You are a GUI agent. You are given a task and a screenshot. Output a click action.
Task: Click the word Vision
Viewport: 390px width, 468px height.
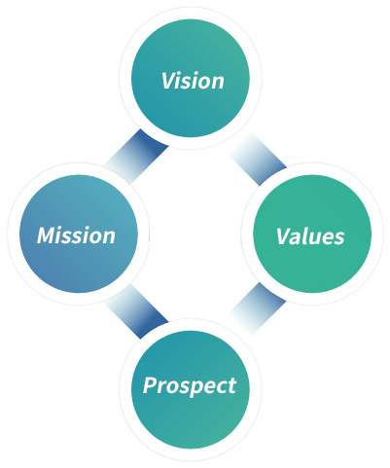click(193, 81)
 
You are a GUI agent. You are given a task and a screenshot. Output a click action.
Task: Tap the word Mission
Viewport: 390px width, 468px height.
click(76, 235)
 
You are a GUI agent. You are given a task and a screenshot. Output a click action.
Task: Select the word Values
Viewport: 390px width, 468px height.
click(310, 235)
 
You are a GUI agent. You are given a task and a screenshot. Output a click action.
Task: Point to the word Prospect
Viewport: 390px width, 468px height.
click(190, 386)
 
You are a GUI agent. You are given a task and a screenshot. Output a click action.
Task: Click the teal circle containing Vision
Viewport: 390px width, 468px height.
click(191, 78)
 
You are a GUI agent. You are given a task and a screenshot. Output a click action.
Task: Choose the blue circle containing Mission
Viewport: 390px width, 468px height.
click(79, 234)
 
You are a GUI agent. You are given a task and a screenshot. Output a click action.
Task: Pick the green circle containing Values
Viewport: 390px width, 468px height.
click(312, 234)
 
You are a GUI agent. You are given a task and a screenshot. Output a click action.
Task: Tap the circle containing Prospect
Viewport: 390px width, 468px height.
click(191, 389)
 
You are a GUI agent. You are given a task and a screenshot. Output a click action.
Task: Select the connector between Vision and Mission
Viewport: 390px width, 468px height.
click(136, 157)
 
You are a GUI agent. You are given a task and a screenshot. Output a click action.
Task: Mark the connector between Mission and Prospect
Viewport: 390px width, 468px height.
click(137, 311)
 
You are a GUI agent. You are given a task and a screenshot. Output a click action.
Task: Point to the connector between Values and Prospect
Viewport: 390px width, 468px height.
click(258, 308)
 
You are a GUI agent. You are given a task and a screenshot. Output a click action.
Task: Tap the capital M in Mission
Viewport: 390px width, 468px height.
click(47, 235)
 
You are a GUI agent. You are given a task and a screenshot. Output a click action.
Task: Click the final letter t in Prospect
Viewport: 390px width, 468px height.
click(231, 386)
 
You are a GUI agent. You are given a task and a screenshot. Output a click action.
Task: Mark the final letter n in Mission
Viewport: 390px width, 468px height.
click(108, 237)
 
